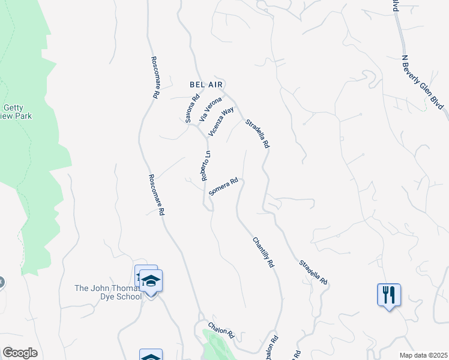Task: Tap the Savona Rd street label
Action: [x=192, y=109]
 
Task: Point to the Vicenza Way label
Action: [x=221, y=122]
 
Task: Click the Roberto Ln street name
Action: [x=206, y=166]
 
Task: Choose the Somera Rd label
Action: [x=224, y=187]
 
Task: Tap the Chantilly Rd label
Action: [x=264, y=253]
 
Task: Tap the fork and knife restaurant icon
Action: [x=389, y=295]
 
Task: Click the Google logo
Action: [x=20, y=352]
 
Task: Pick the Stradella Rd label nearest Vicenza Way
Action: [x=258, y=134]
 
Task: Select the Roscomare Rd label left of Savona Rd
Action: [x=155, y=77]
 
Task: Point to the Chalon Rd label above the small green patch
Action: [x=220, y=330]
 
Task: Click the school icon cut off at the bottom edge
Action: [x=151, y=356]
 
